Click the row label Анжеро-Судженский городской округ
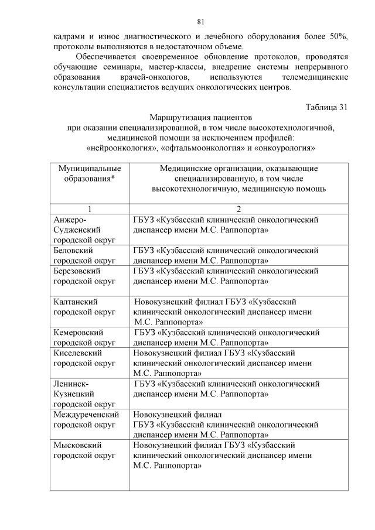tap(84, 230)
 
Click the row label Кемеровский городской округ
tap(84, 337)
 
